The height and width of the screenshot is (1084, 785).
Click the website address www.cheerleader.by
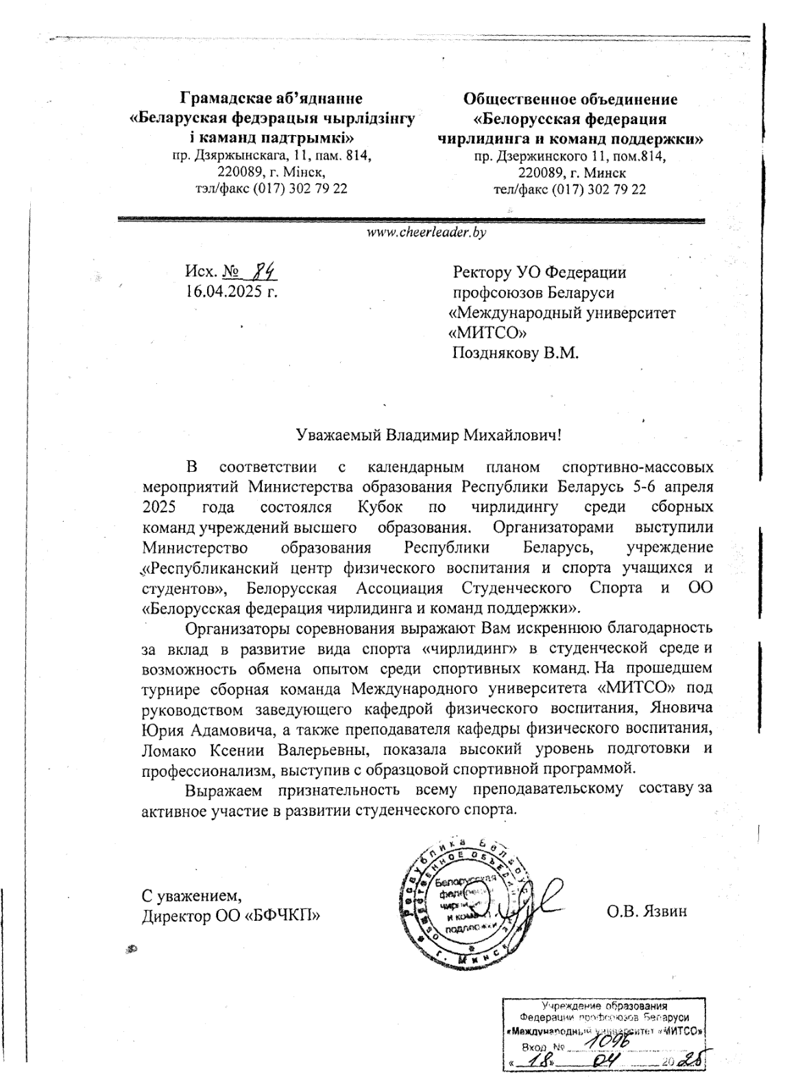pyautogui.click(x=427, y=233)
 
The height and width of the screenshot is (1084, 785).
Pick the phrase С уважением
pyautogui.click(x=191, y=895)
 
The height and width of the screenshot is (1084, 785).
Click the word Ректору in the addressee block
pyautogui.click(x=482, y=273)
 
